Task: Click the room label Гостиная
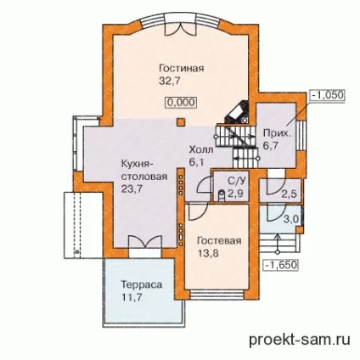coord(182,69)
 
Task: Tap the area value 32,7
coord(170,82)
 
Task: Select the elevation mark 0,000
coord(181,102)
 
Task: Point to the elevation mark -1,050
coord(327,95)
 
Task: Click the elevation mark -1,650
coord(281,265)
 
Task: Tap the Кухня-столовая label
coord(144,171)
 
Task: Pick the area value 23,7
coord(132,188)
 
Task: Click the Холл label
coord(201,149)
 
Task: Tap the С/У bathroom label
coord(236,180)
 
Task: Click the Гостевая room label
coord(219,241)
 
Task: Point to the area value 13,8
coord(208,253)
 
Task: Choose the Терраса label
coord(142,284)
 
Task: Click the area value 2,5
coord(289,194)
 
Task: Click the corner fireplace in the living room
coord(238,112)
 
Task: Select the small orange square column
coord(181,122)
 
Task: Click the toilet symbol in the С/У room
coord(222,195)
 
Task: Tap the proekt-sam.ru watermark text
coord(300,339)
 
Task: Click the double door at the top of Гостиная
coord(181,27)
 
